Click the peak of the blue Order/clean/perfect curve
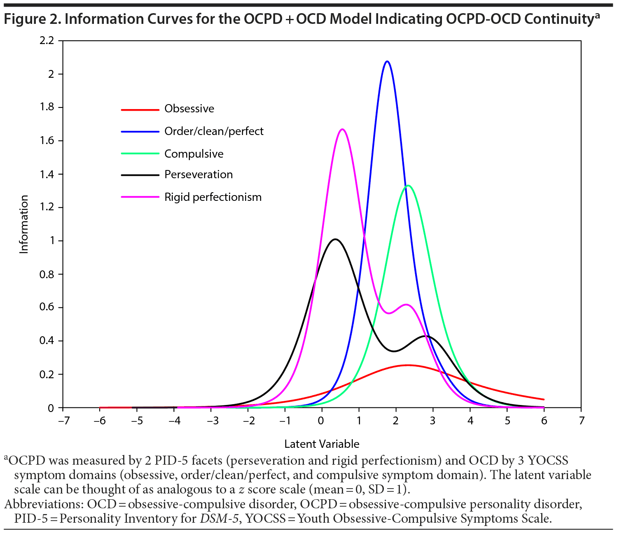(387, 61)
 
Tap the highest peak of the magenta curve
(342, 129)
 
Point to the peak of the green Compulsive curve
(408, 186)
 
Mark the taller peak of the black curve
(335, 239)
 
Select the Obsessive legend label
(189, 109)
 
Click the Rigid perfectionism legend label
(213, 197)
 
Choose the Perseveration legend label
(198, 175)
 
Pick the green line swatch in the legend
(140, 154)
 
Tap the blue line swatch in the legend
(140, 131)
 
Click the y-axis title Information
(24, 224)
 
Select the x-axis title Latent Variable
(322, 444)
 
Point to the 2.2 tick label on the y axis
(47, 40)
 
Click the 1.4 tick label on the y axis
(47, 174)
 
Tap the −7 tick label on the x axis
(63, 421)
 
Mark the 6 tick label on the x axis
(544, 421)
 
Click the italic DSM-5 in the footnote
(219, 518)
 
